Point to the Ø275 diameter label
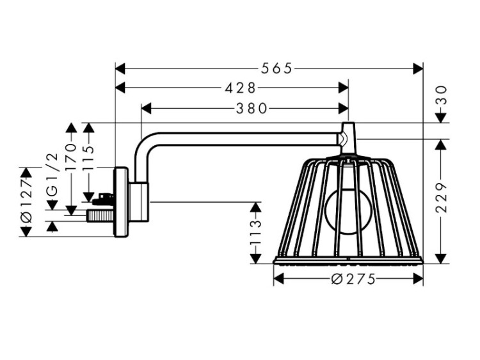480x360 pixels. (x=349, y=279)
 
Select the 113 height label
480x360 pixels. (x=256, y=233)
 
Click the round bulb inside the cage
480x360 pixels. (x=346, y=212)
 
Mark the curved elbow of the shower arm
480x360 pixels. (x=142, y=146)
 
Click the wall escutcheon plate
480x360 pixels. (x=120, y=202)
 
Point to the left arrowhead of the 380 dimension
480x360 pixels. (x=145, y=109)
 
